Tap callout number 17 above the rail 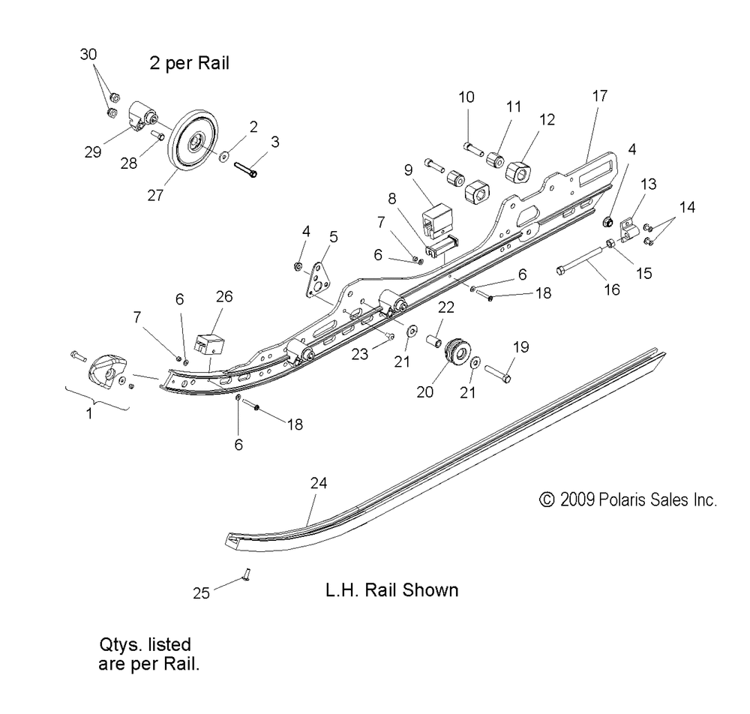pos(600,96)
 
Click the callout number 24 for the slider pos(319,483)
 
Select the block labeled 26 pos(209,344)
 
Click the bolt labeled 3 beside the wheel pos(246,169)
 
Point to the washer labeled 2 pos(223,156)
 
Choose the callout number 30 pos(88,55)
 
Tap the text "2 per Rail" pos(190,63)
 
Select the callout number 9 pos(408,169)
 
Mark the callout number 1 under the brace pos(89,412)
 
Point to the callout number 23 pos(360,353)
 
